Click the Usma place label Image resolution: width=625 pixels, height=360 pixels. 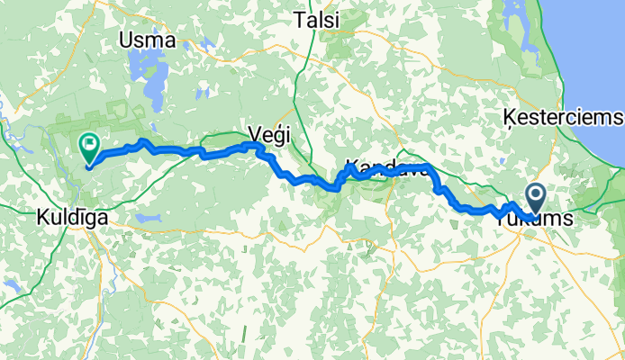[x=152, y=40]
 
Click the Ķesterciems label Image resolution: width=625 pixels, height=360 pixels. [x=563, y=118]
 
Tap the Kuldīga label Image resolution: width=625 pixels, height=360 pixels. [x=72, y=218]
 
